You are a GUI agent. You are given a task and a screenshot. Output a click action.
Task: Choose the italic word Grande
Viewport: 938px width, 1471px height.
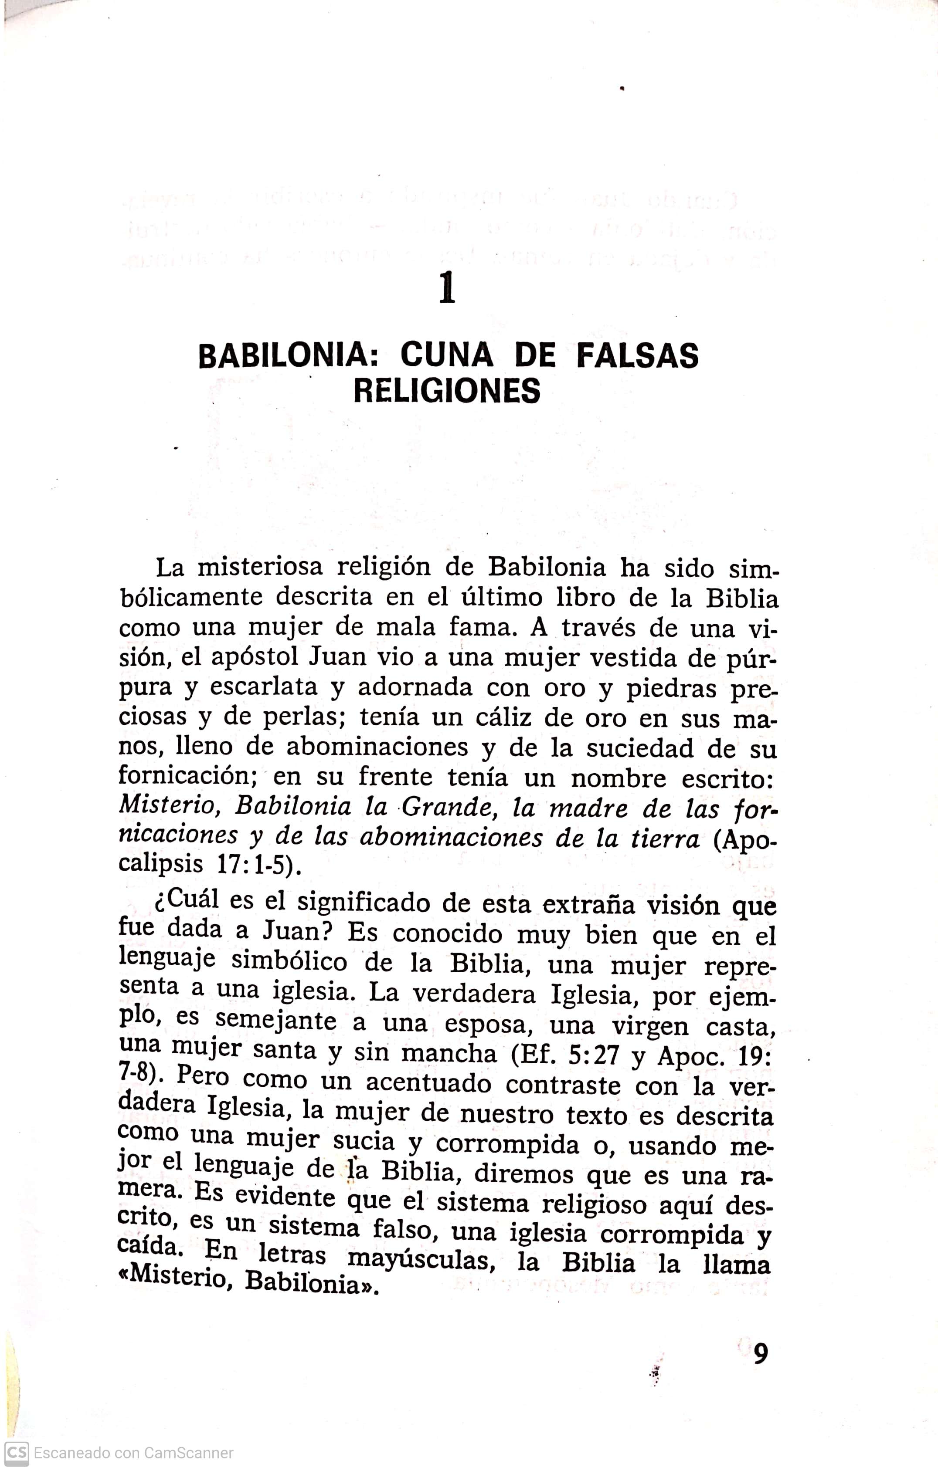tap(452, 808)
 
